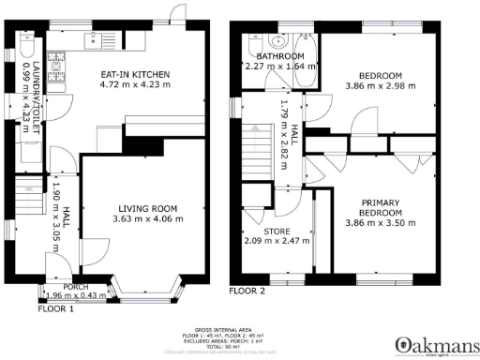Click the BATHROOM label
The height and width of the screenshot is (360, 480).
(280, 56)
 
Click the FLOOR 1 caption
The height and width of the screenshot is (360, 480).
(57, 307)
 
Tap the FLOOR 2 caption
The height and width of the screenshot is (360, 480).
(247, 292)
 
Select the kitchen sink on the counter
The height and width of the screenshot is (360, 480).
(95, 38)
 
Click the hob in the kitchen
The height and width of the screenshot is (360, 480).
(56, 65)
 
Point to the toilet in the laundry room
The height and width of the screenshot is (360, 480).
(26, 46)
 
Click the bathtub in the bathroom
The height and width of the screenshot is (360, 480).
(305, 46)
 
